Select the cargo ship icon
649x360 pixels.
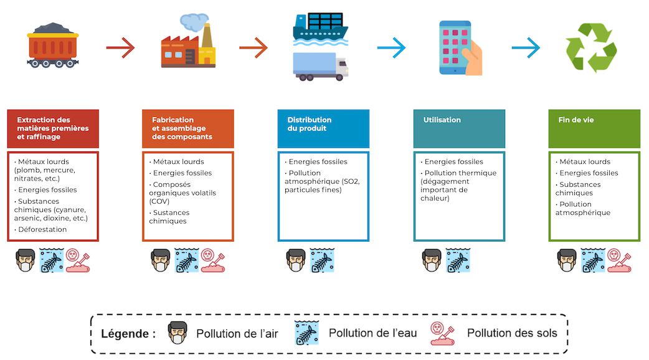tap(320, 27)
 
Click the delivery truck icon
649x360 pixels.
tap(320, 67)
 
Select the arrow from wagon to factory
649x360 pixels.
tap(120, 47)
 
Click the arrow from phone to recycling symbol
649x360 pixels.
tap(525, 47)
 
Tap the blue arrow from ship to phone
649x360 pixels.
tap(391, 47)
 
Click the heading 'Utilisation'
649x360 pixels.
tap(442, 120)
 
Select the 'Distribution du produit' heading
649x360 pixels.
tap(310, 124)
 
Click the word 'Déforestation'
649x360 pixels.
tap(42, 230)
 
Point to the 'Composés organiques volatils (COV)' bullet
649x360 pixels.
tap(182, 192)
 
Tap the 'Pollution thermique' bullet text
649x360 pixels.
tap(461, 173)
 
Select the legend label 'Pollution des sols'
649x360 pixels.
tap(512, 334)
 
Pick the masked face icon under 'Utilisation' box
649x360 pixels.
tap(432, 260)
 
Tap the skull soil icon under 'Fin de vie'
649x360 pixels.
tap(619, 260)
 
